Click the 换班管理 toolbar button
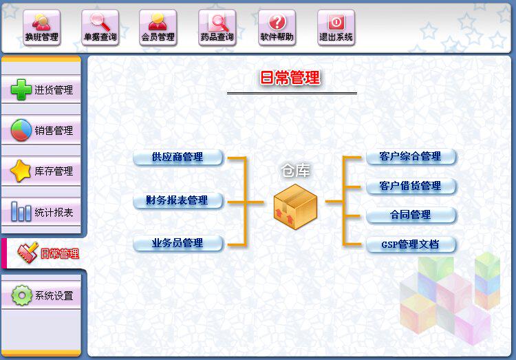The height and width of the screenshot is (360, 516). tap(41, 28)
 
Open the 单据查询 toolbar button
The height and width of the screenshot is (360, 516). tap(100, 28)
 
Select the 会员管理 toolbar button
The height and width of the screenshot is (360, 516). tap(158, 28)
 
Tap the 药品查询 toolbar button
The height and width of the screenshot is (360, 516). tap(217, 28)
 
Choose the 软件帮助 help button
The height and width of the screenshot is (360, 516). tap(277, 28)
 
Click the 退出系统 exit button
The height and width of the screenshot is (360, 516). tap(336, 28)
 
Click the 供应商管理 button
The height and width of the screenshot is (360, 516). tap(178, 157)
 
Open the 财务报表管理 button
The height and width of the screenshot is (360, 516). tap(178, 200)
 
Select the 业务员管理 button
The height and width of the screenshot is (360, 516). tap(178, 243)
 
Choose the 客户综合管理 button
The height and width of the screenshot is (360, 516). tap(411, 156)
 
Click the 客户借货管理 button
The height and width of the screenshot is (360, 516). tap(411, 186)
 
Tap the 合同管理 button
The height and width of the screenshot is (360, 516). tap(411, 215)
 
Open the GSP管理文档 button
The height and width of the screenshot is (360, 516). tap(411, 244)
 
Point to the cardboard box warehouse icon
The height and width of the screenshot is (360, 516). tap(295, 204)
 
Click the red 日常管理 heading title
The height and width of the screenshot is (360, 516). tap(290, 78)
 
